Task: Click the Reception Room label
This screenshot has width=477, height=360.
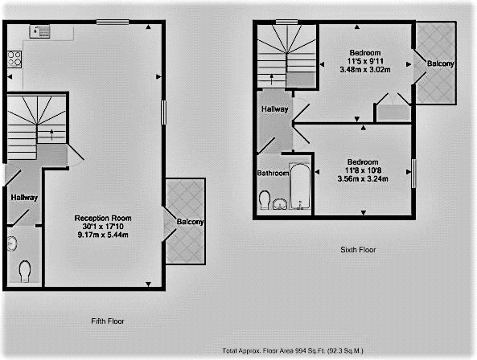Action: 103,218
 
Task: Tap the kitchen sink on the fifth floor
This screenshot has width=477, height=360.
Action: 40,31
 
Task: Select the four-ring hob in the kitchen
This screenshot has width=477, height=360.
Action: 14,59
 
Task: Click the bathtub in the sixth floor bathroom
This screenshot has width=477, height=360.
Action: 300,186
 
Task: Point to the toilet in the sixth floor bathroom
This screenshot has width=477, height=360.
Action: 265,199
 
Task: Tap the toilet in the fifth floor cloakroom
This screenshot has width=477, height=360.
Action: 25,272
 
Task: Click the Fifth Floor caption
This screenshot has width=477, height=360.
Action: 108,321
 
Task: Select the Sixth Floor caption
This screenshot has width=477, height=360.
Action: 358,250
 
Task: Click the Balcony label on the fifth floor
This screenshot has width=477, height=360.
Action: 190,222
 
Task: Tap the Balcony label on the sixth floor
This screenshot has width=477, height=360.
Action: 441,63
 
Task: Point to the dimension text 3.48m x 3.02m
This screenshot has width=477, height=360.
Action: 365,70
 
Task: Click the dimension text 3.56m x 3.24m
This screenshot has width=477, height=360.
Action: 363,179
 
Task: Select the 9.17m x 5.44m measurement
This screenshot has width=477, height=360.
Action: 103,235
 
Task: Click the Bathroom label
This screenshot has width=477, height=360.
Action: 273,173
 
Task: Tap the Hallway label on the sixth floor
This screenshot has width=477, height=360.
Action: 275,108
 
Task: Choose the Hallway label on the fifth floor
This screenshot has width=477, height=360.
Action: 24,198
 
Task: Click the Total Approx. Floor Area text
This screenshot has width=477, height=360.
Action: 293,351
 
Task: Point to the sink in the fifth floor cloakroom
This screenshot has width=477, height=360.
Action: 11,243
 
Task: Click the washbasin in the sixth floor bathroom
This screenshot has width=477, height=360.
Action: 280,203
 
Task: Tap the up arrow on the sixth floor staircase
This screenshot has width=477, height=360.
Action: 272,80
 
